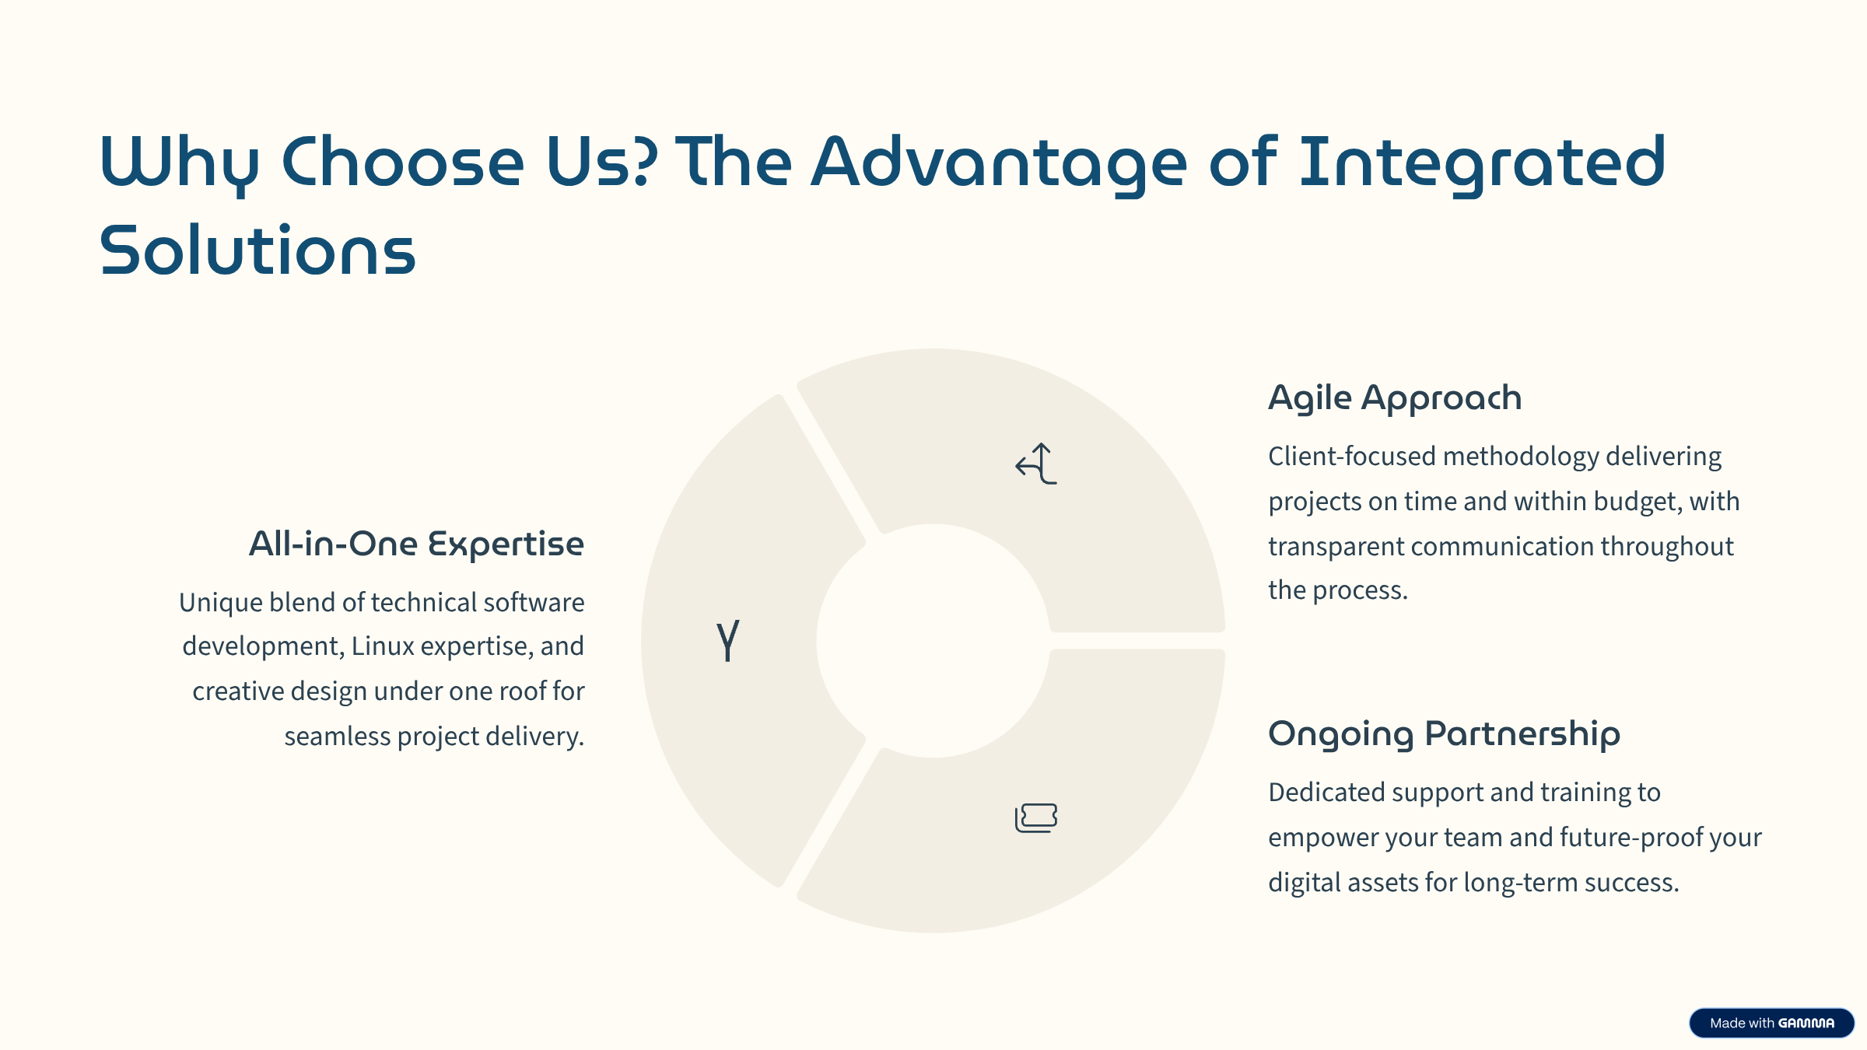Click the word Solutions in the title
click(x=257, y=250)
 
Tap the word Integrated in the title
click(x=1483, y=163)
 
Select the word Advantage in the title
click(x=1000, y=163)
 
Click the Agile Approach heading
click(x=1395, y=398)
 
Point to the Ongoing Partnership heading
click(x=1444, y=734)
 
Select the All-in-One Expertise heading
click(x=416, y=544)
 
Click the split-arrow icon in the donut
click(x=1037, y=464)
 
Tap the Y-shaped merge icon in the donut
click(x=727, y=640)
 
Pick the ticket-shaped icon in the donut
click(x=1036, y=817)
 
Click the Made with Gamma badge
click(x=1771, y=1023)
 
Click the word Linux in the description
click(x=383, y=646)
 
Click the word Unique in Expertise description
click(x=221, y=603)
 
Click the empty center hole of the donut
click(x=933, y=641)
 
